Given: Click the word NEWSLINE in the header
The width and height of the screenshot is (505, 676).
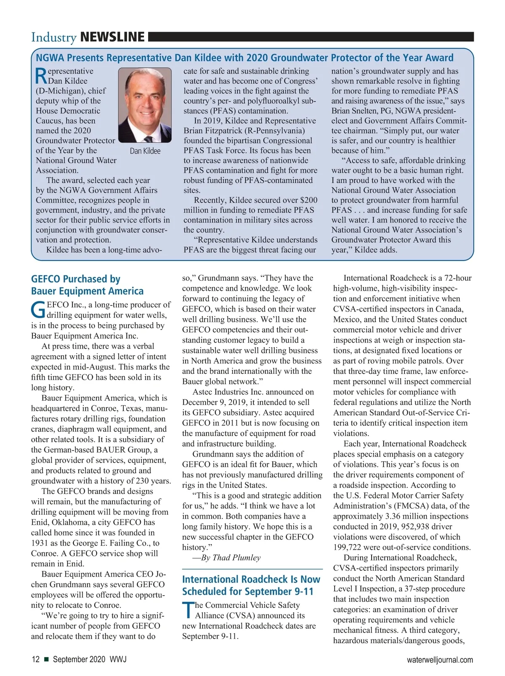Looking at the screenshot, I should point(112,37).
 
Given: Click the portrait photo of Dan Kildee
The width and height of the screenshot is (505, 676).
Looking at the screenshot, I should point(145,106).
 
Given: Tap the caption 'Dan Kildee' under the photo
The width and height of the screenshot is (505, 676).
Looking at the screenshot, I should point(145,151).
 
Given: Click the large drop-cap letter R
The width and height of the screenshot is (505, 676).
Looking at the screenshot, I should point(41,76).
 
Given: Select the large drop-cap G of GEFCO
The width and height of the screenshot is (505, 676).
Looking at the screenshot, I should point(38,310).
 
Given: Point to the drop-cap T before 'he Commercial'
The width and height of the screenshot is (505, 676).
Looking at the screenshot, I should point(188,611).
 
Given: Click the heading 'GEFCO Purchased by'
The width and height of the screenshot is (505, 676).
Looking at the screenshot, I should point(76,279).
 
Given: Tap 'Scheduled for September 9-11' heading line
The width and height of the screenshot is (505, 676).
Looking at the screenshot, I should point(247,591).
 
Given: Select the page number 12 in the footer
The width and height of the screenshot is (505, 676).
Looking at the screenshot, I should point(36,659).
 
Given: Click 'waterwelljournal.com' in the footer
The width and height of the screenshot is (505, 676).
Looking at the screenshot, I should point(440,660).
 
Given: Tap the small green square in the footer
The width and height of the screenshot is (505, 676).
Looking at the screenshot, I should point(46,660).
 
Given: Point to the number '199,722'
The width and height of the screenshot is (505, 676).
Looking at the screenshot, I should point(349,547).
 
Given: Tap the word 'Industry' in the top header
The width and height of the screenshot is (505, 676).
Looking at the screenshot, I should point(53,37).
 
